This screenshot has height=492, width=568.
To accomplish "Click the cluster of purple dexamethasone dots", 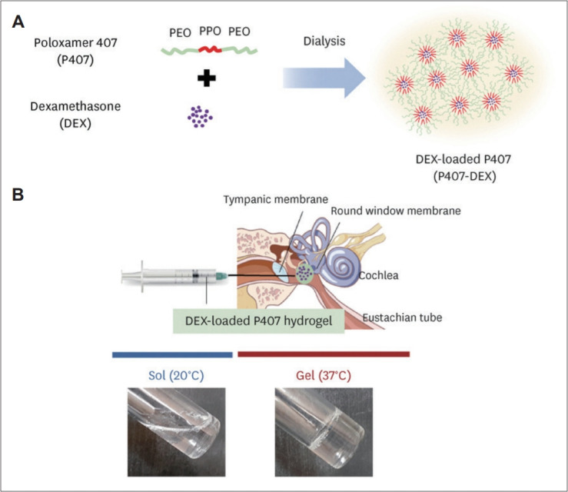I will [201, 116].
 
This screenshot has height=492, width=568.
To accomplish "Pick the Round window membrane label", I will [397, 211].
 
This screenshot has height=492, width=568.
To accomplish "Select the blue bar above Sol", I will [172, 354].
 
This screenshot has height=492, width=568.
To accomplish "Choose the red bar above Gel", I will [324, 354].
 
